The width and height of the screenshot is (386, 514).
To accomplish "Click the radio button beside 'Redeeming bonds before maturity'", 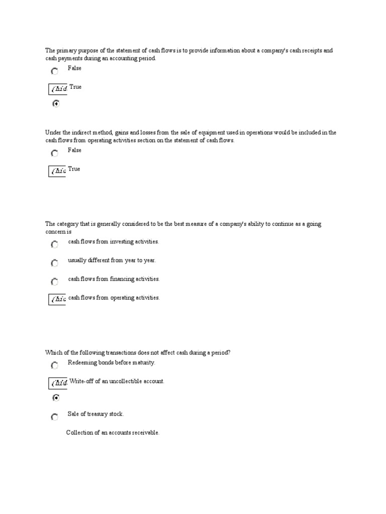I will pos(54,366).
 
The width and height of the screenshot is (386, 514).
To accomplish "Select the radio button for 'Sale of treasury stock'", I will pos(54,417).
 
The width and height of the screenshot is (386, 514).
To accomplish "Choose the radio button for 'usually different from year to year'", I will pos(54,263).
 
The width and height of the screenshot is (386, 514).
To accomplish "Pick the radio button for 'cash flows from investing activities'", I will pos(54,244).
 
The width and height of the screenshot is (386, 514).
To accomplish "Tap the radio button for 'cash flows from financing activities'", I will pos(54,282).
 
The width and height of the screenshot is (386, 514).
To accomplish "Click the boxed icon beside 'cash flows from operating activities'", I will pos(57,299).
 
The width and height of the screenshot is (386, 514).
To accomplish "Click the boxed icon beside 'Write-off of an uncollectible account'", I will pos(57,383).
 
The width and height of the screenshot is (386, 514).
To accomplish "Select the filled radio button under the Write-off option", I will pos(55,398).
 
